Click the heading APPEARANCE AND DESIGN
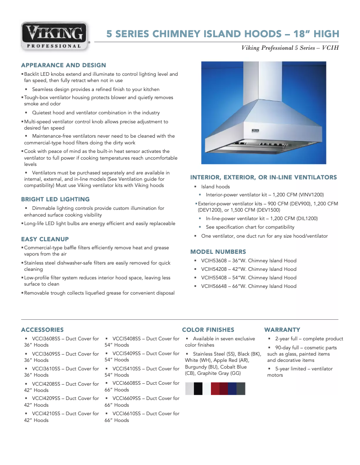63,65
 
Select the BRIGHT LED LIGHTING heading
55,199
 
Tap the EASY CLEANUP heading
45,239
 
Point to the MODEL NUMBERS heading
218,252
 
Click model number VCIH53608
215,261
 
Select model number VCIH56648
215,286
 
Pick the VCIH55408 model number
215,278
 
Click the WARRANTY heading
282,330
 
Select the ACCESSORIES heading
42,330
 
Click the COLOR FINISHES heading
208,330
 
